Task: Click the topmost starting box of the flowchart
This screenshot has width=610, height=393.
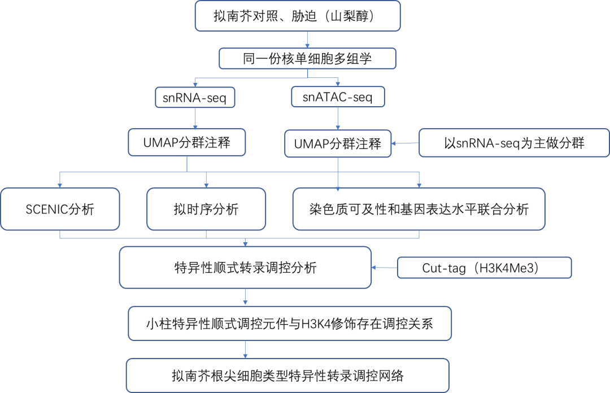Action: [x=298, y=16]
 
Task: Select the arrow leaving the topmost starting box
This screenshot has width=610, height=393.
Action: [x=307, y=40]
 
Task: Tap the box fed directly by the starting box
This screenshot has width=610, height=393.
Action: [x=307, y=59]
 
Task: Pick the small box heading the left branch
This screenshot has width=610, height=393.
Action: [x=195, y=97]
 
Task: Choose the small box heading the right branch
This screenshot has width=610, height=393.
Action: [x=338, y=97]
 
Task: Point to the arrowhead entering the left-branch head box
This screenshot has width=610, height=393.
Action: [x=195, y=84]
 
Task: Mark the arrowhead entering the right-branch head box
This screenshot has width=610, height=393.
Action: [x=338, y=84]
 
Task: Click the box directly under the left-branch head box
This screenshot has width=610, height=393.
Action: [x=187, y=142]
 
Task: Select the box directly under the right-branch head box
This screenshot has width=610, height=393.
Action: [x=338, y=143]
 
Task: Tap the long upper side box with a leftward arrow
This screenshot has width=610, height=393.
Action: [x=514, y=143]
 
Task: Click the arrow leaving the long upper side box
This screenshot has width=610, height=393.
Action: [x=405, y=143]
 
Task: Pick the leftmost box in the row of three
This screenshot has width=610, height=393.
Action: [x=60, y=209]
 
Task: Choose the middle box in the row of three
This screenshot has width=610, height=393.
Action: [x=206, y=209]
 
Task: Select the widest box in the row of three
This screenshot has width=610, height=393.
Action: [x=419, y=209]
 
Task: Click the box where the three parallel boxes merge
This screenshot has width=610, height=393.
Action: [x=245, y=267]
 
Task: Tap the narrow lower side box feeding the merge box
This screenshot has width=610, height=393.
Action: [x=484, y=268]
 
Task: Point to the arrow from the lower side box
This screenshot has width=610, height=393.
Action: [x=384, y=267]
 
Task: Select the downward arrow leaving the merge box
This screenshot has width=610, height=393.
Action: [x=245, y=297]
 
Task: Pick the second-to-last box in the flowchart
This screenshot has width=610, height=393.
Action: [x=290, y=324]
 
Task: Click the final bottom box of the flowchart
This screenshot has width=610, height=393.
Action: [x=287, y=375]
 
